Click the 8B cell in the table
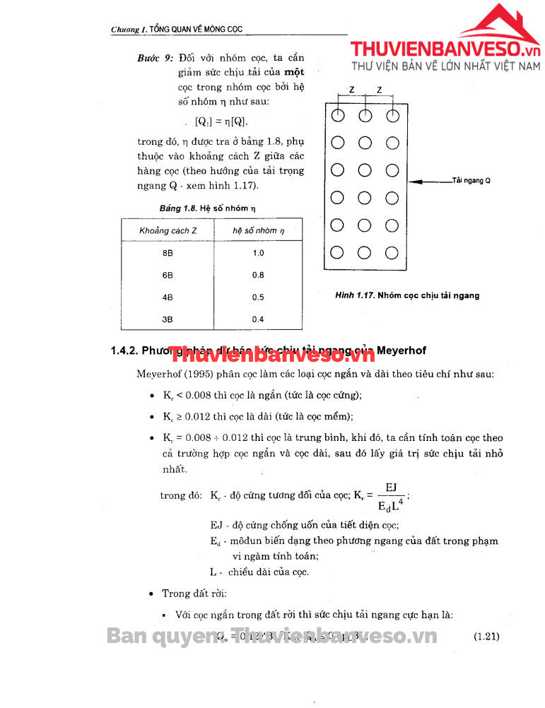168,253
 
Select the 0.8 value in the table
258,275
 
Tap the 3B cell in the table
168,319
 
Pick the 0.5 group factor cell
258,297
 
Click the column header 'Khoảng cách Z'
168,231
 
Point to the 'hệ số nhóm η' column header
258,231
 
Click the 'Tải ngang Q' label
471,181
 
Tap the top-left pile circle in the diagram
338,115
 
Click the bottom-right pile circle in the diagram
392,252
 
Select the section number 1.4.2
124,350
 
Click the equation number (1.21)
486,636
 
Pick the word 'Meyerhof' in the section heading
402,350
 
